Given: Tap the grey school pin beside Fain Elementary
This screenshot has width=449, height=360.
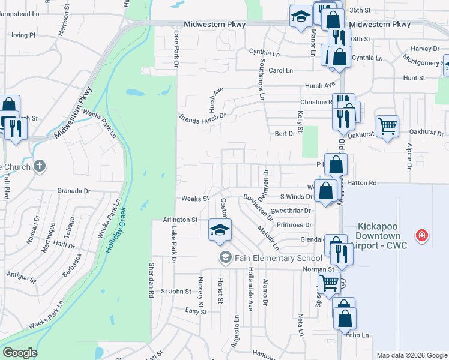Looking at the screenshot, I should (226, 258).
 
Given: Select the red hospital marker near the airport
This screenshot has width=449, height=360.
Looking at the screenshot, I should (423, 235).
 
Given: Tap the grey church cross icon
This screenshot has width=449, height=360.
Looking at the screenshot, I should (40, 166).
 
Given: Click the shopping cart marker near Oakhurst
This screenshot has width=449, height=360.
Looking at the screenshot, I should (387, 126).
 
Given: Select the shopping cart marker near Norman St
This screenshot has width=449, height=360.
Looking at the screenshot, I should (329, 283).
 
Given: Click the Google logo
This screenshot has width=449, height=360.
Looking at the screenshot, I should (20, 353).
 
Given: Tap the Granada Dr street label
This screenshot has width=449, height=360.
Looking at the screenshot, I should (74, 191).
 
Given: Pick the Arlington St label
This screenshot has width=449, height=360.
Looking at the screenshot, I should (180, 220).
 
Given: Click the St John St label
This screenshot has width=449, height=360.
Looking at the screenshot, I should (176, 292).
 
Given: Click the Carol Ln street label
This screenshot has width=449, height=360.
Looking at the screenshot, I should (280, 71).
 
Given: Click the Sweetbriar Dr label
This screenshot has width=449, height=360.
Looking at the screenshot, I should (290, 211).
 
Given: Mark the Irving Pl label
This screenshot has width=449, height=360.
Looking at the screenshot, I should (23, 35).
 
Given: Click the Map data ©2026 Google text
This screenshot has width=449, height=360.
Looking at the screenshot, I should (411, 355).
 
